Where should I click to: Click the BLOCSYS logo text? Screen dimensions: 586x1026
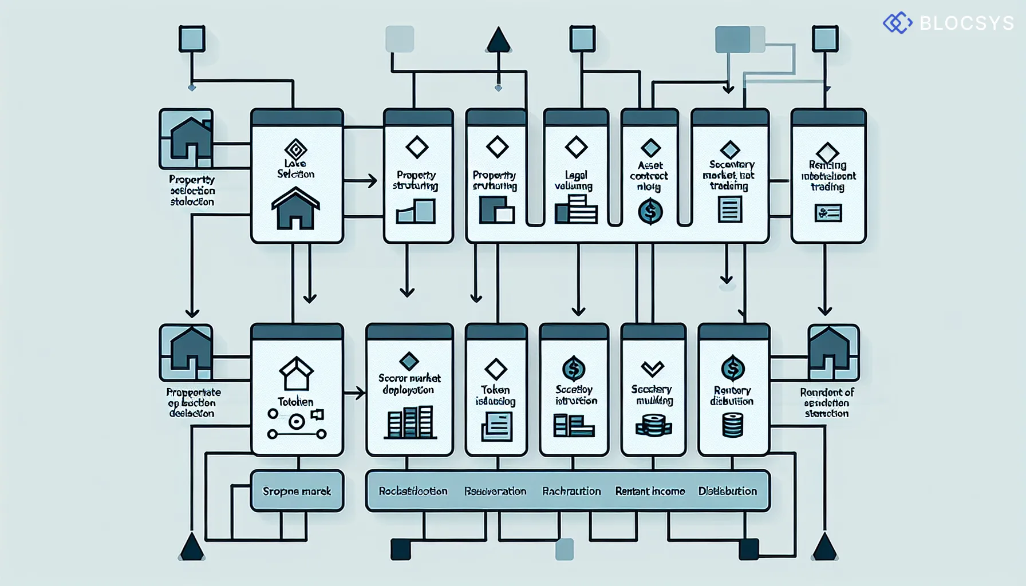pos(966,23)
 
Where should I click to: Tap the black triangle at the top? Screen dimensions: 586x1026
pos(498,41)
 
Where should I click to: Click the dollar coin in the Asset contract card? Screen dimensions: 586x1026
pos(650,211)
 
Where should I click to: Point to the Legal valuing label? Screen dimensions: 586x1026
pos(574,180)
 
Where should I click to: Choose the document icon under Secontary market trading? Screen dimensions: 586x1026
pos(729,209)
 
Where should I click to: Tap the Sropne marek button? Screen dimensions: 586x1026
pos(297,491)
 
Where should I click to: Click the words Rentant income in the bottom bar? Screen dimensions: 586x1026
pos(650,491)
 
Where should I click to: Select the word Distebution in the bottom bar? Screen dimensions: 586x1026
pos(727,491)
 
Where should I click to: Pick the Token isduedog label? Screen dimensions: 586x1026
pos(495,395)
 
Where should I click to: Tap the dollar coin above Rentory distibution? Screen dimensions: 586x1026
pos(733,368)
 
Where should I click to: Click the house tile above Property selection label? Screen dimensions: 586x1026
pos(187,138)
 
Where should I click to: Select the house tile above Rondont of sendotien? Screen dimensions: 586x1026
pos(833,353)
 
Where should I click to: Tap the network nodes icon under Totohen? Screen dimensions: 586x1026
pos(296,423)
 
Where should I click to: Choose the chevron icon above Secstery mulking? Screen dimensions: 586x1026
pos(653,368)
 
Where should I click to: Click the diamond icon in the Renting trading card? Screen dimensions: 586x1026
pos(827,153)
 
